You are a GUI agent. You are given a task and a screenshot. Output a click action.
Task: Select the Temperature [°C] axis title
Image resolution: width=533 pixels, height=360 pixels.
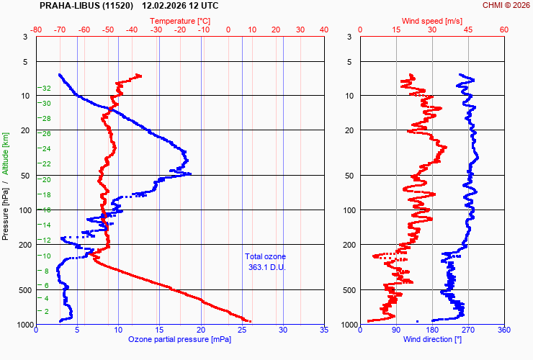click(x=180, y=21)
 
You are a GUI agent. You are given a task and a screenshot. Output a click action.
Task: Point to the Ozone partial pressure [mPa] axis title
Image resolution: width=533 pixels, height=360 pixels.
click(x=180, y=338)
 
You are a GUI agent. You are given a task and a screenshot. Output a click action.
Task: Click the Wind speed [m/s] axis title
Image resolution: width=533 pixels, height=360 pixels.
click(x=432, y=21)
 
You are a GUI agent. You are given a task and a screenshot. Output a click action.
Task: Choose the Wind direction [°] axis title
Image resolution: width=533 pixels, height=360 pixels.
click(x=432, y=338)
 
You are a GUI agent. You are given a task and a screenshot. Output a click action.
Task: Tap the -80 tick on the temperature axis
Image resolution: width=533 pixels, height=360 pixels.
click(x=37, y=30)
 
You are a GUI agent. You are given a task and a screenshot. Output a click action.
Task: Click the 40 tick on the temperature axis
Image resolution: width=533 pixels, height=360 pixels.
click(x=323, y=30)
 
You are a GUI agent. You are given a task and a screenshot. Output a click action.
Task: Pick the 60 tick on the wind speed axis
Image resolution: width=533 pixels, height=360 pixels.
click(x=503, y=30)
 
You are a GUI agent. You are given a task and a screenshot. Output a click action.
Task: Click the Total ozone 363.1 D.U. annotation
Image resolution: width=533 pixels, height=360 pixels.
click(x=265, y=262)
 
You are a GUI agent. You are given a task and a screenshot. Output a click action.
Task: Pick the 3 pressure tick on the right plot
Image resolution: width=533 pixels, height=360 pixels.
click(x=349, y=37)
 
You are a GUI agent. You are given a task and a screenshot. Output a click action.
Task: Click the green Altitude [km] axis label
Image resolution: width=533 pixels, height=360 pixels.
click(x=6, y=153)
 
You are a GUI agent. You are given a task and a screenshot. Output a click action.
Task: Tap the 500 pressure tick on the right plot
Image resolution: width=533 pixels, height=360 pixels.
click(x=345, y=290)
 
